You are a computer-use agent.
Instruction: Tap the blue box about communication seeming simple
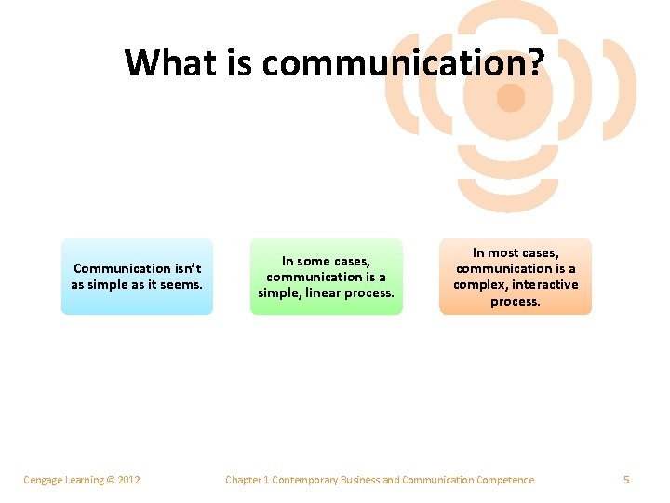137,277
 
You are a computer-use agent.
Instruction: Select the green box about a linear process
326,277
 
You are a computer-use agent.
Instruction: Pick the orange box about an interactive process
516,277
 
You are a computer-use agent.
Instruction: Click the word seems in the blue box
181,284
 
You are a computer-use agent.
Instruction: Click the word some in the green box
315,261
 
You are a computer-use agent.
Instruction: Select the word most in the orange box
506,252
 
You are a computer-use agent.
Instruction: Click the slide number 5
626,480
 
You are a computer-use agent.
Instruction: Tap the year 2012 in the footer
128,480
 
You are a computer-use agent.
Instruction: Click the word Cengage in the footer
43,480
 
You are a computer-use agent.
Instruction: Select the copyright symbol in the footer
110,480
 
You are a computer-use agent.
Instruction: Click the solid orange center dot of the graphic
511,97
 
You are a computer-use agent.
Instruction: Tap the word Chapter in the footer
244,480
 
